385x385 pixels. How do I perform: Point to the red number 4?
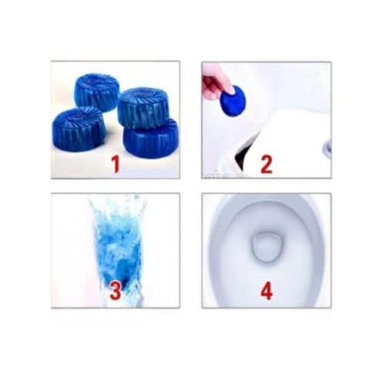click(266, 290)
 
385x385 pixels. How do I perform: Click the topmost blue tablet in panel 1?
click(97, 92)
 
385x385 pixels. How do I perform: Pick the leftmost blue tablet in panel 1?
click(78, 129)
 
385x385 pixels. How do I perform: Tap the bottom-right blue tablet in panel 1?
click(151, 139)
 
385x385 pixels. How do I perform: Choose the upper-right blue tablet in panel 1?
click(143, 107)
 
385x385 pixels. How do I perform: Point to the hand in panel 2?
click(217, 83)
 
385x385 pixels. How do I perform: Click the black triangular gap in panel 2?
click(244, 152)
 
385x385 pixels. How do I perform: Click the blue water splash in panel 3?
click(118, 250)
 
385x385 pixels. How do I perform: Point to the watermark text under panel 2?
click(225, 176)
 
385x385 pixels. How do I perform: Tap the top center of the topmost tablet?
click(97, 79)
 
